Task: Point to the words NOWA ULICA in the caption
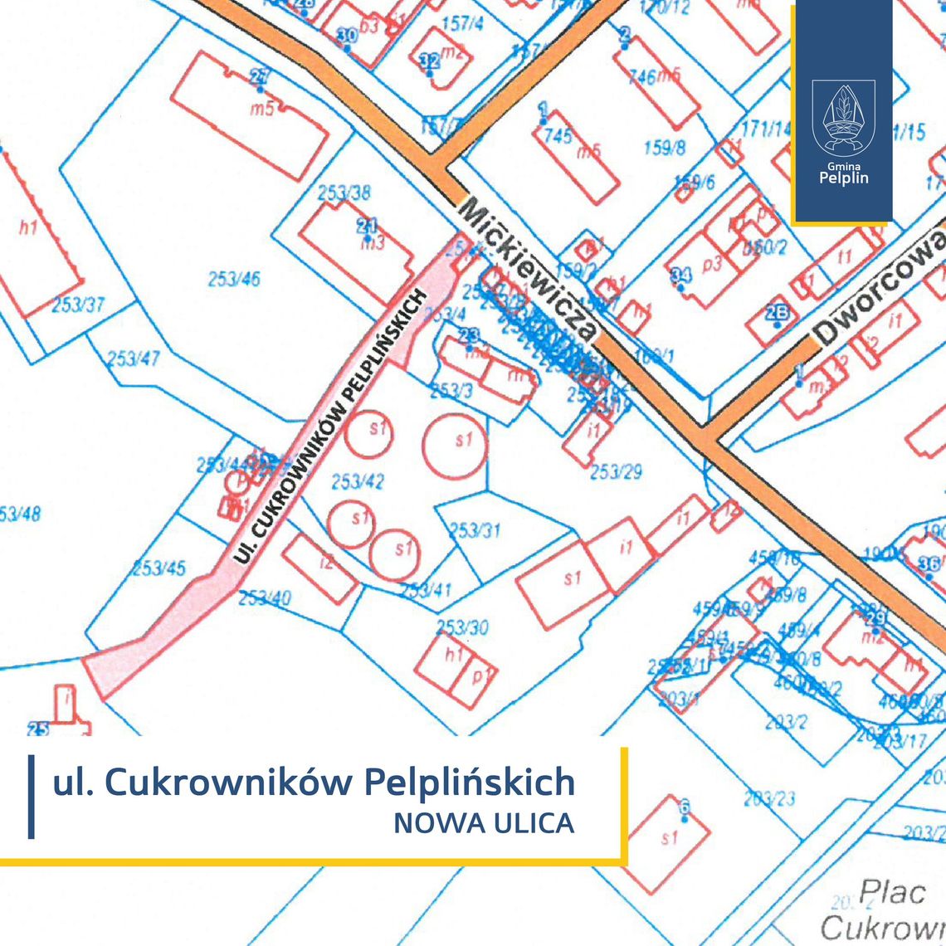(x=484, y=823)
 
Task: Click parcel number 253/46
(x=234, y=279)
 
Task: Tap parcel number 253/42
(x=358, y=481)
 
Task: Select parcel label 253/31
(x=475, y=529)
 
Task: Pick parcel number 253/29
(x=616, y=471)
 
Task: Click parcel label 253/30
(x=462, y=627)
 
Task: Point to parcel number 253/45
(x=159, y=569)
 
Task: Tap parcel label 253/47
(x=133, y=359)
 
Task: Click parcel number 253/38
(x=344, y=193)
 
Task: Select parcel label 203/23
(x=769, y=799)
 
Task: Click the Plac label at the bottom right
(x=892, y=894)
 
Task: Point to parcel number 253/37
(x=78, y=305)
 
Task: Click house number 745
(x=558, y=134)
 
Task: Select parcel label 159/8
(x=665, y=149)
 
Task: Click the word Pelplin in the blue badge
(x=843, y=177)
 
